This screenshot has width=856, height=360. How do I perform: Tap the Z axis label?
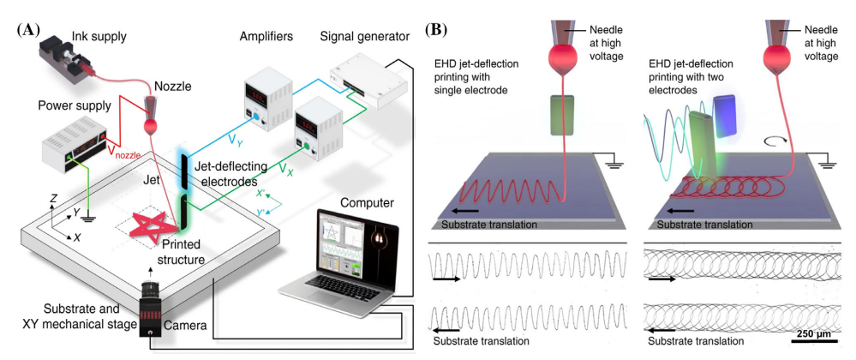click(x=53, y=198)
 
